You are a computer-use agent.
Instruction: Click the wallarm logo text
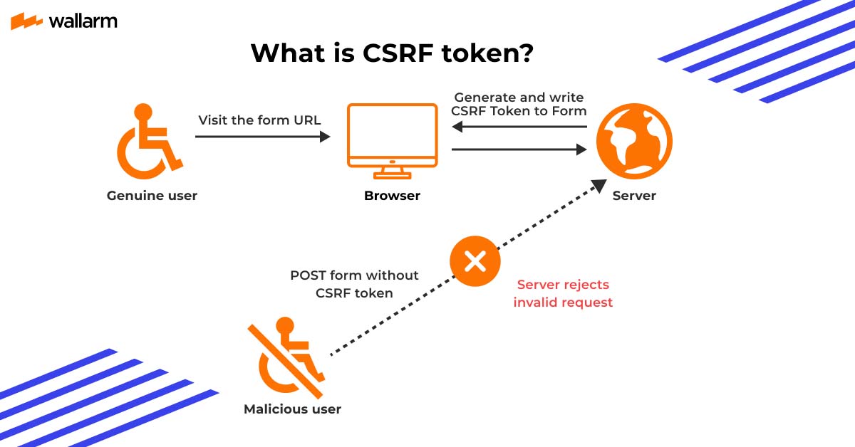click(83, 21)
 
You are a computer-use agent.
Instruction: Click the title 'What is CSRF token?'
click(391, 53)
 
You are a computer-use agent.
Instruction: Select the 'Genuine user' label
click(152, 195)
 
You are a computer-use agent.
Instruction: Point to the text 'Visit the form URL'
click(259, 120)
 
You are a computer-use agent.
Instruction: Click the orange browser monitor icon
click(392, 140)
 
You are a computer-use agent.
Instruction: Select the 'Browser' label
click(392, 195)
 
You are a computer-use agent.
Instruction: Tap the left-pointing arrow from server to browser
click(519, 127)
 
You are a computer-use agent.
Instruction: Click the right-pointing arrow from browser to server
click(519, 149)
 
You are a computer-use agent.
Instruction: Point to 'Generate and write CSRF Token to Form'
click(519, 104)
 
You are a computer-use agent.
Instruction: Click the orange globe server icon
click(634, 141)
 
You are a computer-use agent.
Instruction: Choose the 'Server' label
click(634, 195)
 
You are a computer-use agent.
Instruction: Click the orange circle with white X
click(475, 262)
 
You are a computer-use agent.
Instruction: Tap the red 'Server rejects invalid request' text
click(563, 293)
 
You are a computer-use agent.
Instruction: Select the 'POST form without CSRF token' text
click(354, 284)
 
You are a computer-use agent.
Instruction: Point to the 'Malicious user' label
click(292, 409)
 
